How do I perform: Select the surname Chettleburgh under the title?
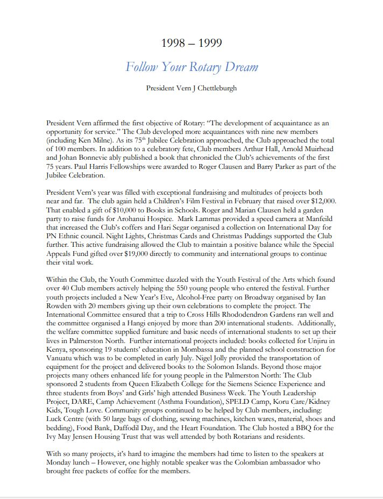pyautogui.click(x=213, y=88)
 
